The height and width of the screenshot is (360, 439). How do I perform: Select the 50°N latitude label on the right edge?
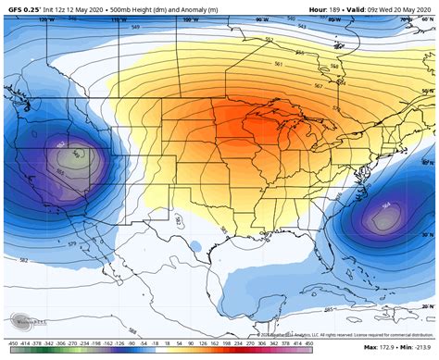(x=427, y=91)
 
